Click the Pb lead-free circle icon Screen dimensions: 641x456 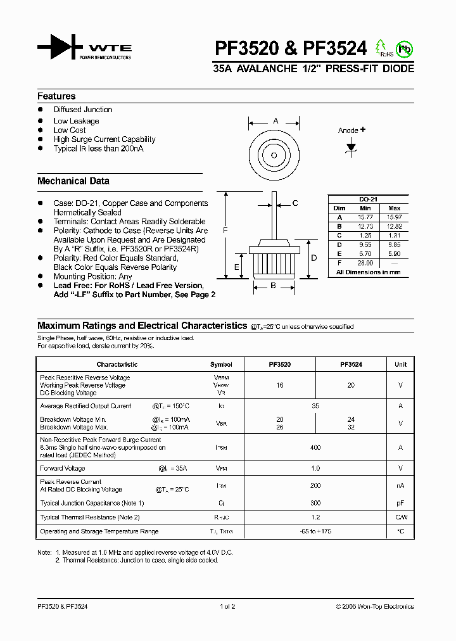403,49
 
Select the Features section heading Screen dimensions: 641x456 56,96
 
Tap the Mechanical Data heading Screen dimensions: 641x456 73,181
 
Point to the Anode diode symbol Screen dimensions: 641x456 351,147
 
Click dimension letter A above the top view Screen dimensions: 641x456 275,120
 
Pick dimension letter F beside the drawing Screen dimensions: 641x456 225,231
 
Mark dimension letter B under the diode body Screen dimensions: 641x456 274,286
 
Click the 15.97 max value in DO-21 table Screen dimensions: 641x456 394,217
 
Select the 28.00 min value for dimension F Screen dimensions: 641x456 365,263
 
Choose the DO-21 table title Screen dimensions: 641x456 368,199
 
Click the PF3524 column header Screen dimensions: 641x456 351,365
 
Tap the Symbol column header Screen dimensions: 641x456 221,365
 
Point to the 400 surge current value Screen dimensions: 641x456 315,447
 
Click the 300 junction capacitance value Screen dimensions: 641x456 315,503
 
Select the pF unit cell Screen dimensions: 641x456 400,503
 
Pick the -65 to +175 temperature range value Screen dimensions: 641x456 315,531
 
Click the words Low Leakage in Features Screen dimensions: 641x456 76,121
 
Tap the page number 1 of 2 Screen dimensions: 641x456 227,606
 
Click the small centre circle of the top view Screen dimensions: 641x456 274,155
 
